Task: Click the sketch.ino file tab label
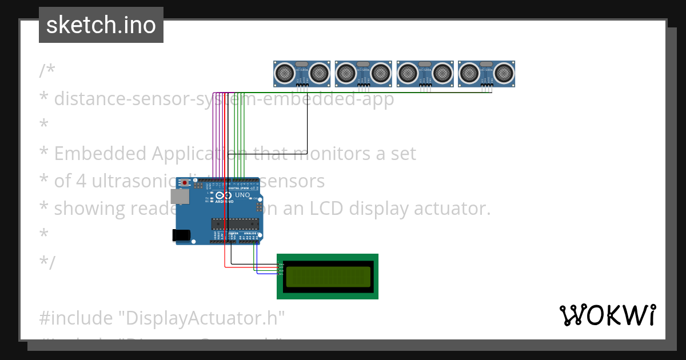point(101,25)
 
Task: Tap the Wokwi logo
point(607,315)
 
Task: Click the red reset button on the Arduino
point(185,183)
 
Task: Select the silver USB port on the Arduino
point(181,197)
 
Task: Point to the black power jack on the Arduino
point(181,235)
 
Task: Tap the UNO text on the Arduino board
point(242,195)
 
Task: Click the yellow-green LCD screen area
point(328,277)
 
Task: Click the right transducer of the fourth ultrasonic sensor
point(504,73)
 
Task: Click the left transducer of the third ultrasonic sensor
point(408,73)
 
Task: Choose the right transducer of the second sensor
point(381,73)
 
